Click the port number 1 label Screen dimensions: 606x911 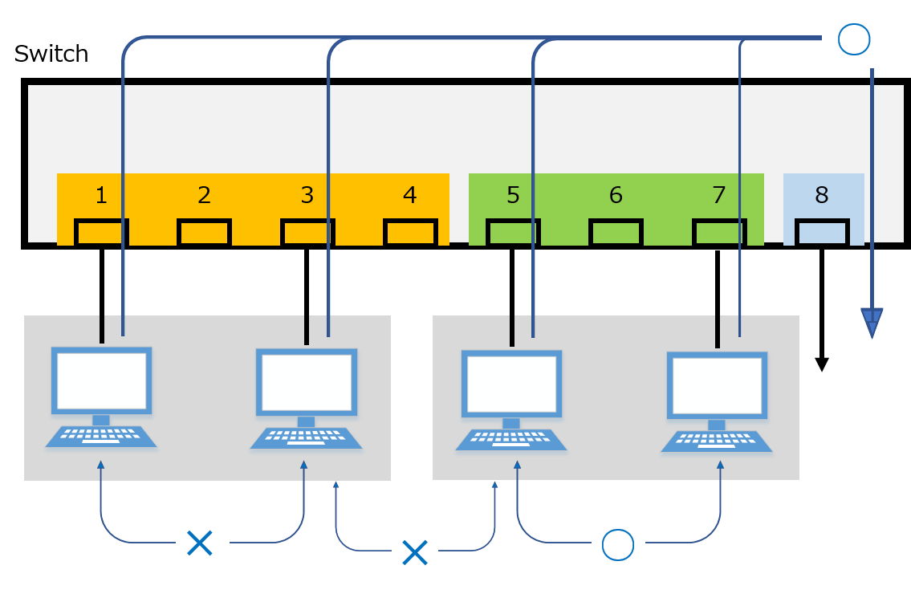point(101,195)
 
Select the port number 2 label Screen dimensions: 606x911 point(204,195)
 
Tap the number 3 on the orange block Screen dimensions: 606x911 point(307,195)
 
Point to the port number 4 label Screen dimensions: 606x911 point(410,195)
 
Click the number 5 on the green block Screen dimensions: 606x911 point(513,195)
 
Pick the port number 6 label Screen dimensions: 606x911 point(616,195)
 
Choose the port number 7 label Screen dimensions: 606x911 point(718,195)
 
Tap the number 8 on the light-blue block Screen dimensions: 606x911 point(821,195)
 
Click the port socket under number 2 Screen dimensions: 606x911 point(204,232)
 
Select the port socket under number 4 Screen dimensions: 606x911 point(410,232)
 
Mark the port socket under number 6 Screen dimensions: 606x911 point(616,232)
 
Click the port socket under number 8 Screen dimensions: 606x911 point(821,232)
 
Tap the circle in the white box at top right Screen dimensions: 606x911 point(853,39)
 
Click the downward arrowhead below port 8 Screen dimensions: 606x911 point(872,323)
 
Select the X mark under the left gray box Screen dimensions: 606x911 point(199,543)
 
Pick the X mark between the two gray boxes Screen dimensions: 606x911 point(414,551)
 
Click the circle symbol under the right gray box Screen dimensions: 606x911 point(618,545)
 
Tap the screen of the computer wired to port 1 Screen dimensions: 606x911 point(101,380)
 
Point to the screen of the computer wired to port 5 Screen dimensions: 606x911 point(511,383)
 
